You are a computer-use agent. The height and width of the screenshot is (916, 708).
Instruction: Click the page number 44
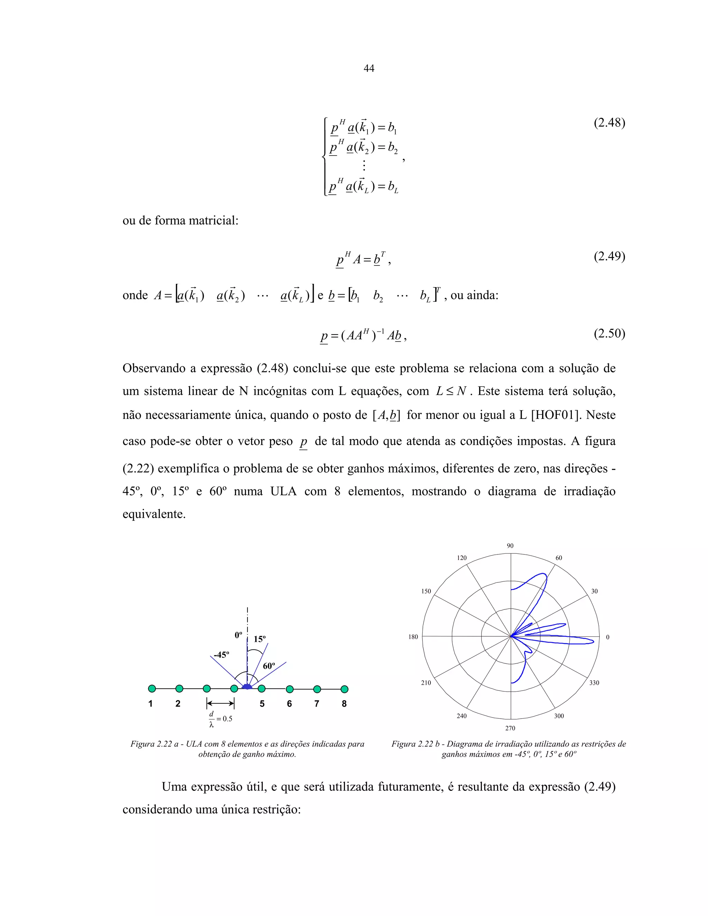(369, 68)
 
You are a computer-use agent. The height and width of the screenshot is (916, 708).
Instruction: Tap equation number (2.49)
(609, 256)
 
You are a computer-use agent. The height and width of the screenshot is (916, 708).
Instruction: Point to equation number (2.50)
(609, 334)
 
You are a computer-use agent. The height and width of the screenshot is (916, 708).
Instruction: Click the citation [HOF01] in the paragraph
(556, 415)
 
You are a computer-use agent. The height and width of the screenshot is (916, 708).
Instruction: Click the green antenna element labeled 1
(152, 689)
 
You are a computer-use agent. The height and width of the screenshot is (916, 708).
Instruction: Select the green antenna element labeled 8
(344, 689)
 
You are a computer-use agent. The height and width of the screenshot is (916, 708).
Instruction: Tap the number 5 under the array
(262, 704)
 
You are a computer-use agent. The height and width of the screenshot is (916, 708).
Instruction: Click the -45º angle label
(222, 655)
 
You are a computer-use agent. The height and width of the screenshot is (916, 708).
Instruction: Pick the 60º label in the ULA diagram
(269, 666)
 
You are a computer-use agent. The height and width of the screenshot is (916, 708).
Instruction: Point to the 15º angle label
(260, 639)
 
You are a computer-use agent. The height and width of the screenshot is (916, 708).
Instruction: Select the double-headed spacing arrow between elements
(220, 703)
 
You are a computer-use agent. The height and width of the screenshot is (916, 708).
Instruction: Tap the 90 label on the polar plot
(510, 546)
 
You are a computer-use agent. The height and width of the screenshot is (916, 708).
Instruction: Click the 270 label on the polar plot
(510, 728)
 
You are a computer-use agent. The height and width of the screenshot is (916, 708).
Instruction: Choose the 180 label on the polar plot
(413, 637)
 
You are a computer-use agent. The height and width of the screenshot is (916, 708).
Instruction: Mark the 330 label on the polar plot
(594, 683)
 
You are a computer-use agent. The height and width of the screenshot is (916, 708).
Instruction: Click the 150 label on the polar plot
(426, 591)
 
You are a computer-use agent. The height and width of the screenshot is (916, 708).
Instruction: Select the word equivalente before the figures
(154, 514)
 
